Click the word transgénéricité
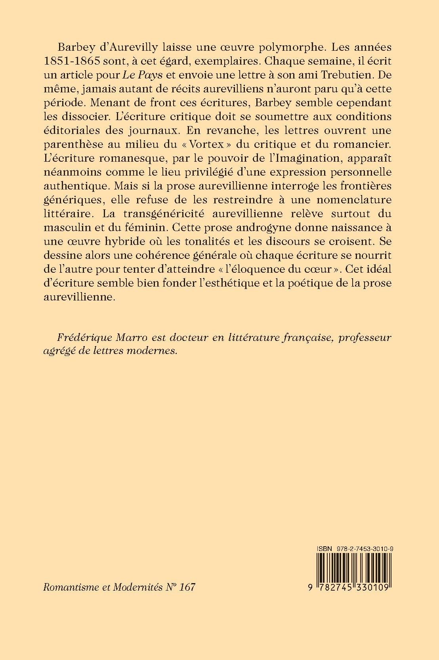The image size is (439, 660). tap(154, 214)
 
